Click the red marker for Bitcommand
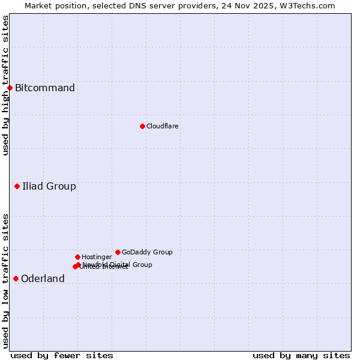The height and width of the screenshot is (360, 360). click(10, 88)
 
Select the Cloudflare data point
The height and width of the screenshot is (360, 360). click(142, 126)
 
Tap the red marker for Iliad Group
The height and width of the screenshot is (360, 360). click(17, 187)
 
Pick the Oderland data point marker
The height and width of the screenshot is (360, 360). click(16, 278)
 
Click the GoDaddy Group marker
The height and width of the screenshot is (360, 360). click(118, 252)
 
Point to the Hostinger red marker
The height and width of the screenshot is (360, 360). click(77, 257)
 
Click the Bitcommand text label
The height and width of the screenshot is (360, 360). click(45, 88)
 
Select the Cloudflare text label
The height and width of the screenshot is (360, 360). click(162, 126)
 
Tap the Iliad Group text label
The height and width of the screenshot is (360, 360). click(49, 187)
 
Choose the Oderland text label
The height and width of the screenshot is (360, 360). click(43, 278)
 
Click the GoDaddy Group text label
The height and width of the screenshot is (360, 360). click(147, 252)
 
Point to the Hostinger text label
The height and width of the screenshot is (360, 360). click(97, 257)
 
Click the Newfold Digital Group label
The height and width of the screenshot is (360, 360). click(118, 264)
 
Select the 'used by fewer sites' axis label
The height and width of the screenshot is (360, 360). click(62, 355)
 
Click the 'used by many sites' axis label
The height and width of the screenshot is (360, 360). click(301, 355)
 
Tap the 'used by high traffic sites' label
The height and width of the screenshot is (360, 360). click(5, 85)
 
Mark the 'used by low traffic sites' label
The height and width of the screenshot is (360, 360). click(5, 281)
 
